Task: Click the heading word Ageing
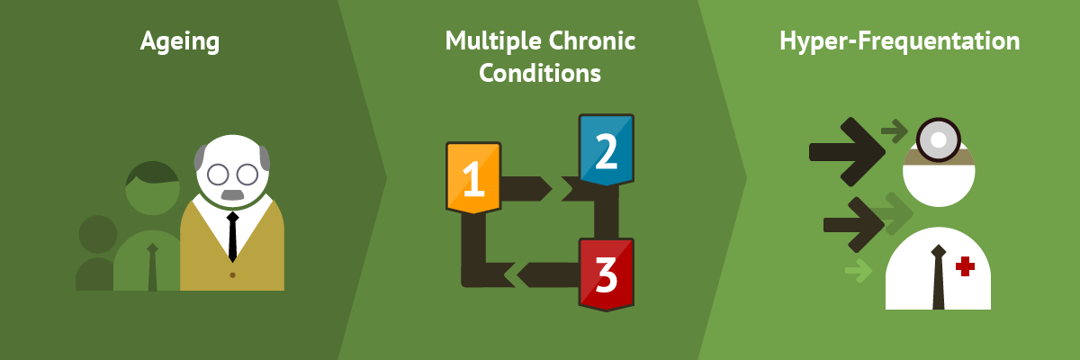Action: coord(180,42)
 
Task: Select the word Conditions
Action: coord(540,73)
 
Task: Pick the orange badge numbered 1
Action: coord(473,177)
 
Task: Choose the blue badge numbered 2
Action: coord(606,150)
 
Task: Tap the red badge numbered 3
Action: coord(606,274)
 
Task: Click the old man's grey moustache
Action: coord(232,194)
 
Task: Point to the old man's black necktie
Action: coord(233,237)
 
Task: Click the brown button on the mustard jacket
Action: coord(232,275)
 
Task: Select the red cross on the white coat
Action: coord(965,266)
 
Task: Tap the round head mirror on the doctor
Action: coord(938,140)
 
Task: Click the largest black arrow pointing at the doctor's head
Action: coord(847,152)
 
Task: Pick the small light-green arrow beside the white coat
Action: coord(859,270)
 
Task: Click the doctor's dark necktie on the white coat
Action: coord(938,277)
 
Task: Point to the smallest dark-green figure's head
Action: coord(98,234)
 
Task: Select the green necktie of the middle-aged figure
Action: coord(152,267)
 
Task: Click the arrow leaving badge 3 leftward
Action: coord(548,274)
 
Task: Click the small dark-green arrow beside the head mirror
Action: coord(895,131)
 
